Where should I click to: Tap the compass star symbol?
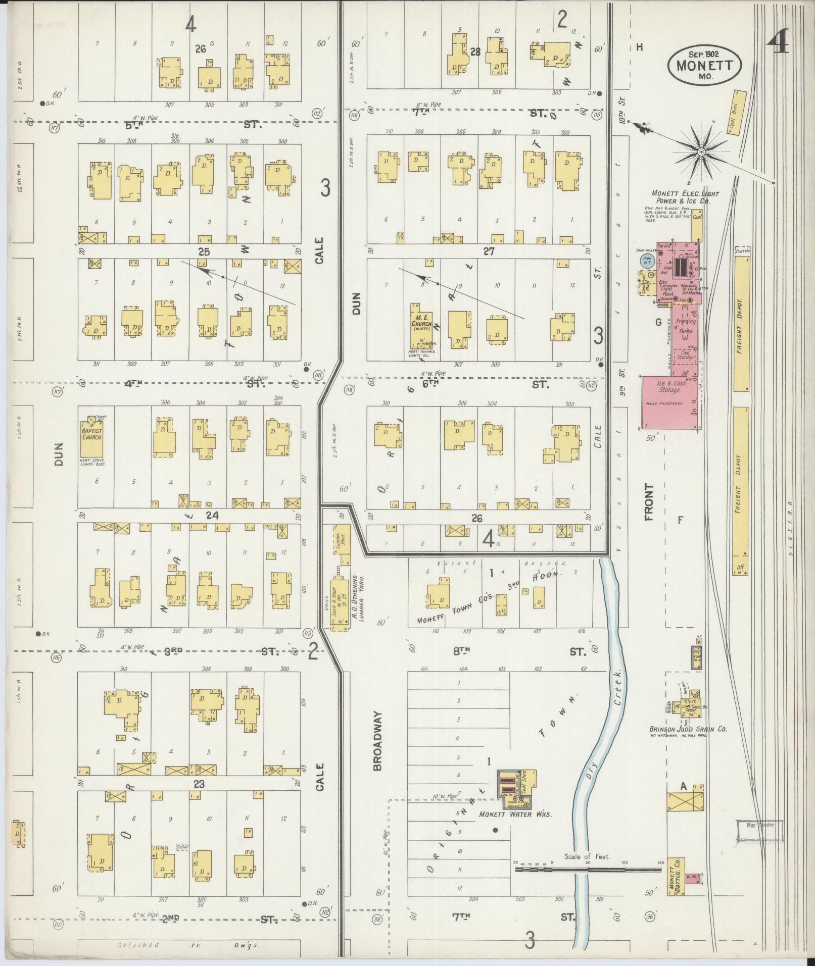pos(701,151)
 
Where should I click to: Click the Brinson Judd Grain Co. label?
pos(688,729)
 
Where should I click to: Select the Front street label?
pos(649,502)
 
